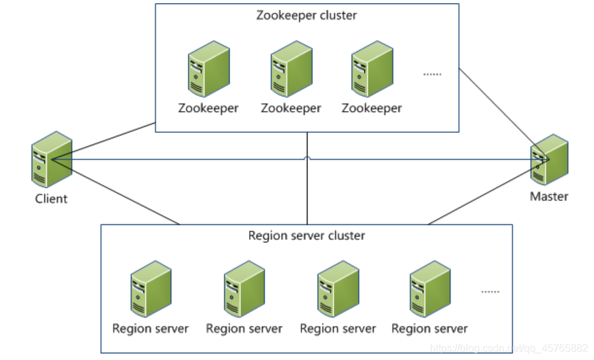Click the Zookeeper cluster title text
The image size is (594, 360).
coord(307,15)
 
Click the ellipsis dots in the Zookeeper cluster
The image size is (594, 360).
coord(432,74)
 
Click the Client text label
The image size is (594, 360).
coord(51,198)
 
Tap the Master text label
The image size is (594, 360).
coord(549,196)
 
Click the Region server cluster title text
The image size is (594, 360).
coord(307,235)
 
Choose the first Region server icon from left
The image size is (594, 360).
coord(150,289)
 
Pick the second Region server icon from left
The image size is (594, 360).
coord(244,289)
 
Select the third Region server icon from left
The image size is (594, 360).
coord(337,289)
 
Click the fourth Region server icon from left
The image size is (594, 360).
coord(429,289)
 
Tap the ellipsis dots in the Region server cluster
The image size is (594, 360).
coord(490,292)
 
